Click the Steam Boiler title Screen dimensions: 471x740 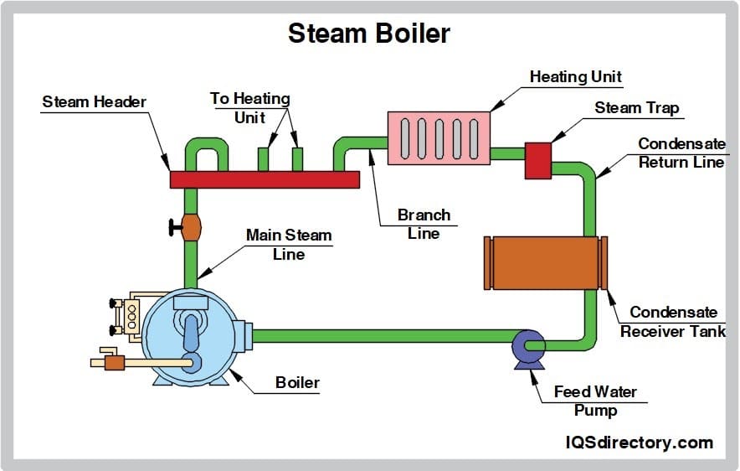369,33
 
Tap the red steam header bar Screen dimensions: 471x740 265,179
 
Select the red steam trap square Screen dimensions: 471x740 537,160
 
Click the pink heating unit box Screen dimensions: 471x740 438,137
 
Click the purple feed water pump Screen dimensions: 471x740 528,345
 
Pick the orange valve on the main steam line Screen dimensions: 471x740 191,227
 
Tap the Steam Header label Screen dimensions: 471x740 94,102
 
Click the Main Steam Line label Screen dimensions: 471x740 289,245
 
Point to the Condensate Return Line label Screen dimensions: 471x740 681,153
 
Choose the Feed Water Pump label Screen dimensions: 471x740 595,401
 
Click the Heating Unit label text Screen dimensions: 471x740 576,76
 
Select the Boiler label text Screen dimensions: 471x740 297,383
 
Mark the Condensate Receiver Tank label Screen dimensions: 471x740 673,322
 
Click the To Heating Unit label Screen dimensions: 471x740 249,108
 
